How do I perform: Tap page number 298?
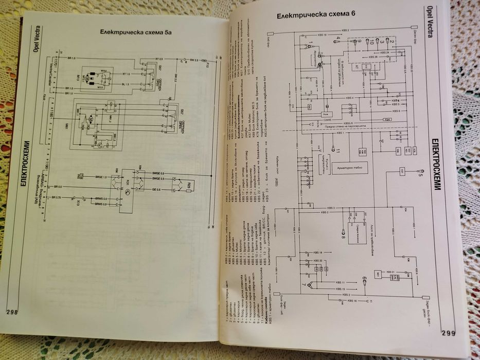tap(12, 312)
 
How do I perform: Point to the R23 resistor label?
tap(188, 184)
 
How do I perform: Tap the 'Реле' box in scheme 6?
tap(326, 113)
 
